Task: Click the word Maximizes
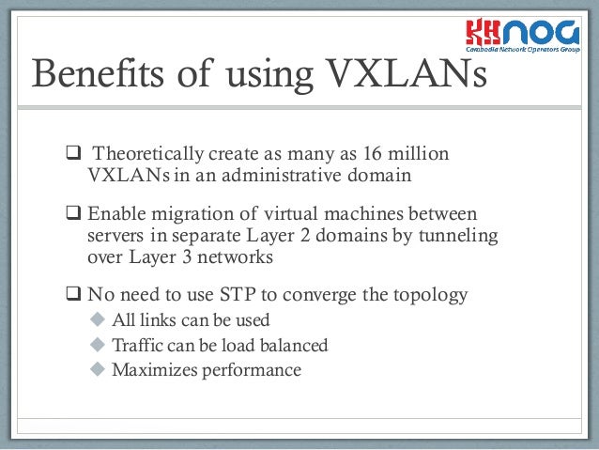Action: coord(151,369)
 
